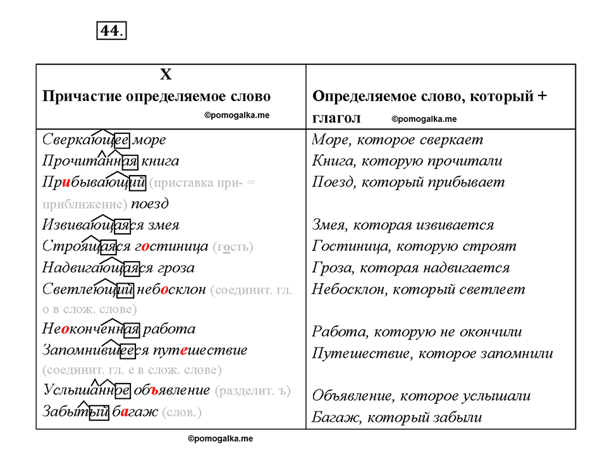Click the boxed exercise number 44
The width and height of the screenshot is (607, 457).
[111, 30]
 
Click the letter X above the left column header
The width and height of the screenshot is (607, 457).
[166, 74]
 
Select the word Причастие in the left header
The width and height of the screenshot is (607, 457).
[82, 96]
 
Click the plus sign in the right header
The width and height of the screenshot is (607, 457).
[542, 96]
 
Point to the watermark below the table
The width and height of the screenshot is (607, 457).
[220, 439]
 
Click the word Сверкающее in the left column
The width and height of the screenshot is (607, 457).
[86, 139]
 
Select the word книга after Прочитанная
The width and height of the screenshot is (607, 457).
[160, 161]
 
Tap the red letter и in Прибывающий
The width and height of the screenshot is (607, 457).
[66, 183]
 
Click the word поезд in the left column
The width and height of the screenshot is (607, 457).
[150, 204]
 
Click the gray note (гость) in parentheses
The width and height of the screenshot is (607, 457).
[233, 247]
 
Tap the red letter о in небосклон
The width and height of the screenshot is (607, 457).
[164, 290]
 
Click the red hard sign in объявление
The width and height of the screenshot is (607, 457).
[154, 391]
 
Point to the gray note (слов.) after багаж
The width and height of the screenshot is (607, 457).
[182, 413]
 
